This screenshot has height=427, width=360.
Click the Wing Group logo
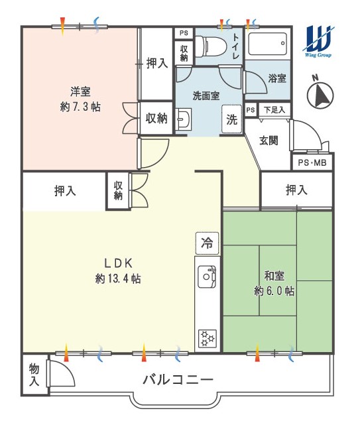pos(318,41)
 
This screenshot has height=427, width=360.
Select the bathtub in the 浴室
pos(268,44)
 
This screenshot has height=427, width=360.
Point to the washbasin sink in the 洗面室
pos(184,119)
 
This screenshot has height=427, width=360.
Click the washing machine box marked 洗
pos(232,119)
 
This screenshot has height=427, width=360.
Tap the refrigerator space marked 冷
pos(207,243)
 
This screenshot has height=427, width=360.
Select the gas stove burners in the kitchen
pos(208,339)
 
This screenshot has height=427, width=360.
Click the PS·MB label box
pos(312,162)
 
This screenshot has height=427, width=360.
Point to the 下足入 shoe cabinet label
pos(274,110)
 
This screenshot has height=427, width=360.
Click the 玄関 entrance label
pos(269,141)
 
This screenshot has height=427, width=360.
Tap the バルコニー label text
pos(178,380)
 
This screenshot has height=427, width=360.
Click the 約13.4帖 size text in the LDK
pos(118,279)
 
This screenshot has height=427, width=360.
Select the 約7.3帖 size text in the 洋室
pos(80,107)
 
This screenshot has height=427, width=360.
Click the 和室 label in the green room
pos(274,276)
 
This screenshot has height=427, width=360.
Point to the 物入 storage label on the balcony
pos(34,375)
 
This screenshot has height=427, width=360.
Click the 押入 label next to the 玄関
pos(296,190)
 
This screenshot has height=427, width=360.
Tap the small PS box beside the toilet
pos(184,33)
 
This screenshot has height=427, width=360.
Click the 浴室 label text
pos(277,78)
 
